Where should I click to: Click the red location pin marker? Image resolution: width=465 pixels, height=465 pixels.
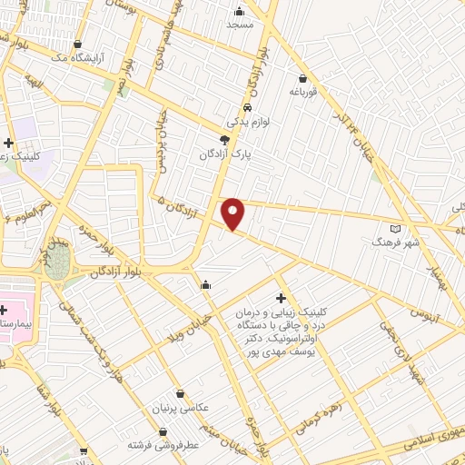tap(233, 213)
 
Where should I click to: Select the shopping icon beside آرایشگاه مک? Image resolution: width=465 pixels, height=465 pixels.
tap(77, 44)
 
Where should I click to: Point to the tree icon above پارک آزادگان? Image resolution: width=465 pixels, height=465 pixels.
tap(224, 140)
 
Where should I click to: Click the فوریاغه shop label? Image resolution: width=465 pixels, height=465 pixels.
tap(302, 92)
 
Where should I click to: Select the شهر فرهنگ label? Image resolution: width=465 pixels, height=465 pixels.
tap(392, 242)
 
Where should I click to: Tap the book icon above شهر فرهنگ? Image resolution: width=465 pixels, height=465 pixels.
tap(393, 228)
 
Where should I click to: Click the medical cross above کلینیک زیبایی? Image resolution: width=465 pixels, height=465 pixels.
tap(281, 298)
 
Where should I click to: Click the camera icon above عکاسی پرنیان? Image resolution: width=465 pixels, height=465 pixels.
tap(181, 394)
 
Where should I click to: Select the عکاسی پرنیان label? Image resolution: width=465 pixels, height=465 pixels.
tap(181, 409)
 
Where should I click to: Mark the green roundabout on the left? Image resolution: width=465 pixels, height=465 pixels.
tap(57, 261)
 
